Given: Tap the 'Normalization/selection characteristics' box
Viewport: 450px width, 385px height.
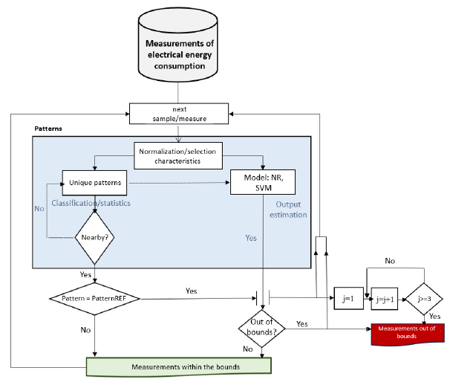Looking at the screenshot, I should pos(179,156).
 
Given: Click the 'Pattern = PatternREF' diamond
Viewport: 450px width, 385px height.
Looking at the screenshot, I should pos(95,299).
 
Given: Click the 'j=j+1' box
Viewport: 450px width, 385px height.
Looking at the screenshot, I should pos(385,298).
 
